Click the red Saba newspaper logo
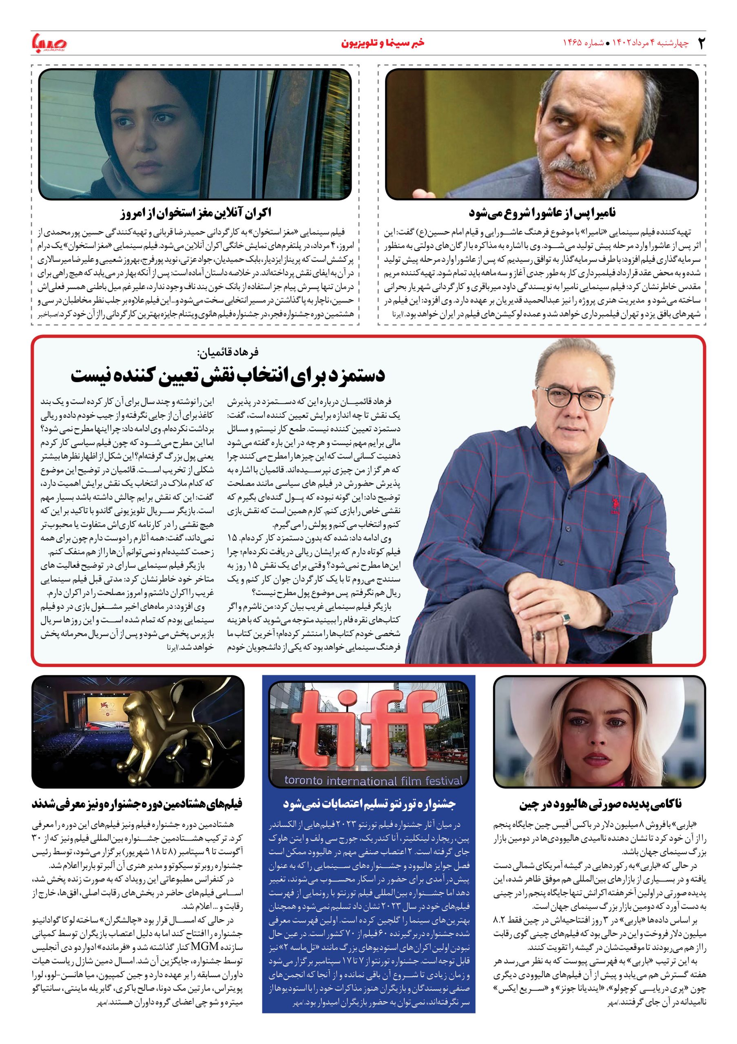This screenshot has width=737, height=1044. pos(49,43)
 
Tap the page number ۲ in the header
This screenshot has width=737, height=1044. pos(702,43)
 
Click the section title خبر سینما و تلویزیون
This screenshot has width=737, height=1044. pos(383,43)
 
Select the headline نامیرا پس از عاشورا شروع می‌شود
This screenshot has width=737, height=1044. pos(542,212)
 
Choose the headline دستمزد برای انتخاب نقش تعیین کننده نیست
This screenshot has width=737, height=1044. pos(228,375)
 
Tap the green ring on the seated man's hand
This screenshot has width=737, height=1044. pos(566,617)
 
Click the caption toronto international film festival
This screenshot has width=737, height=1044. pos(373,781)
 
